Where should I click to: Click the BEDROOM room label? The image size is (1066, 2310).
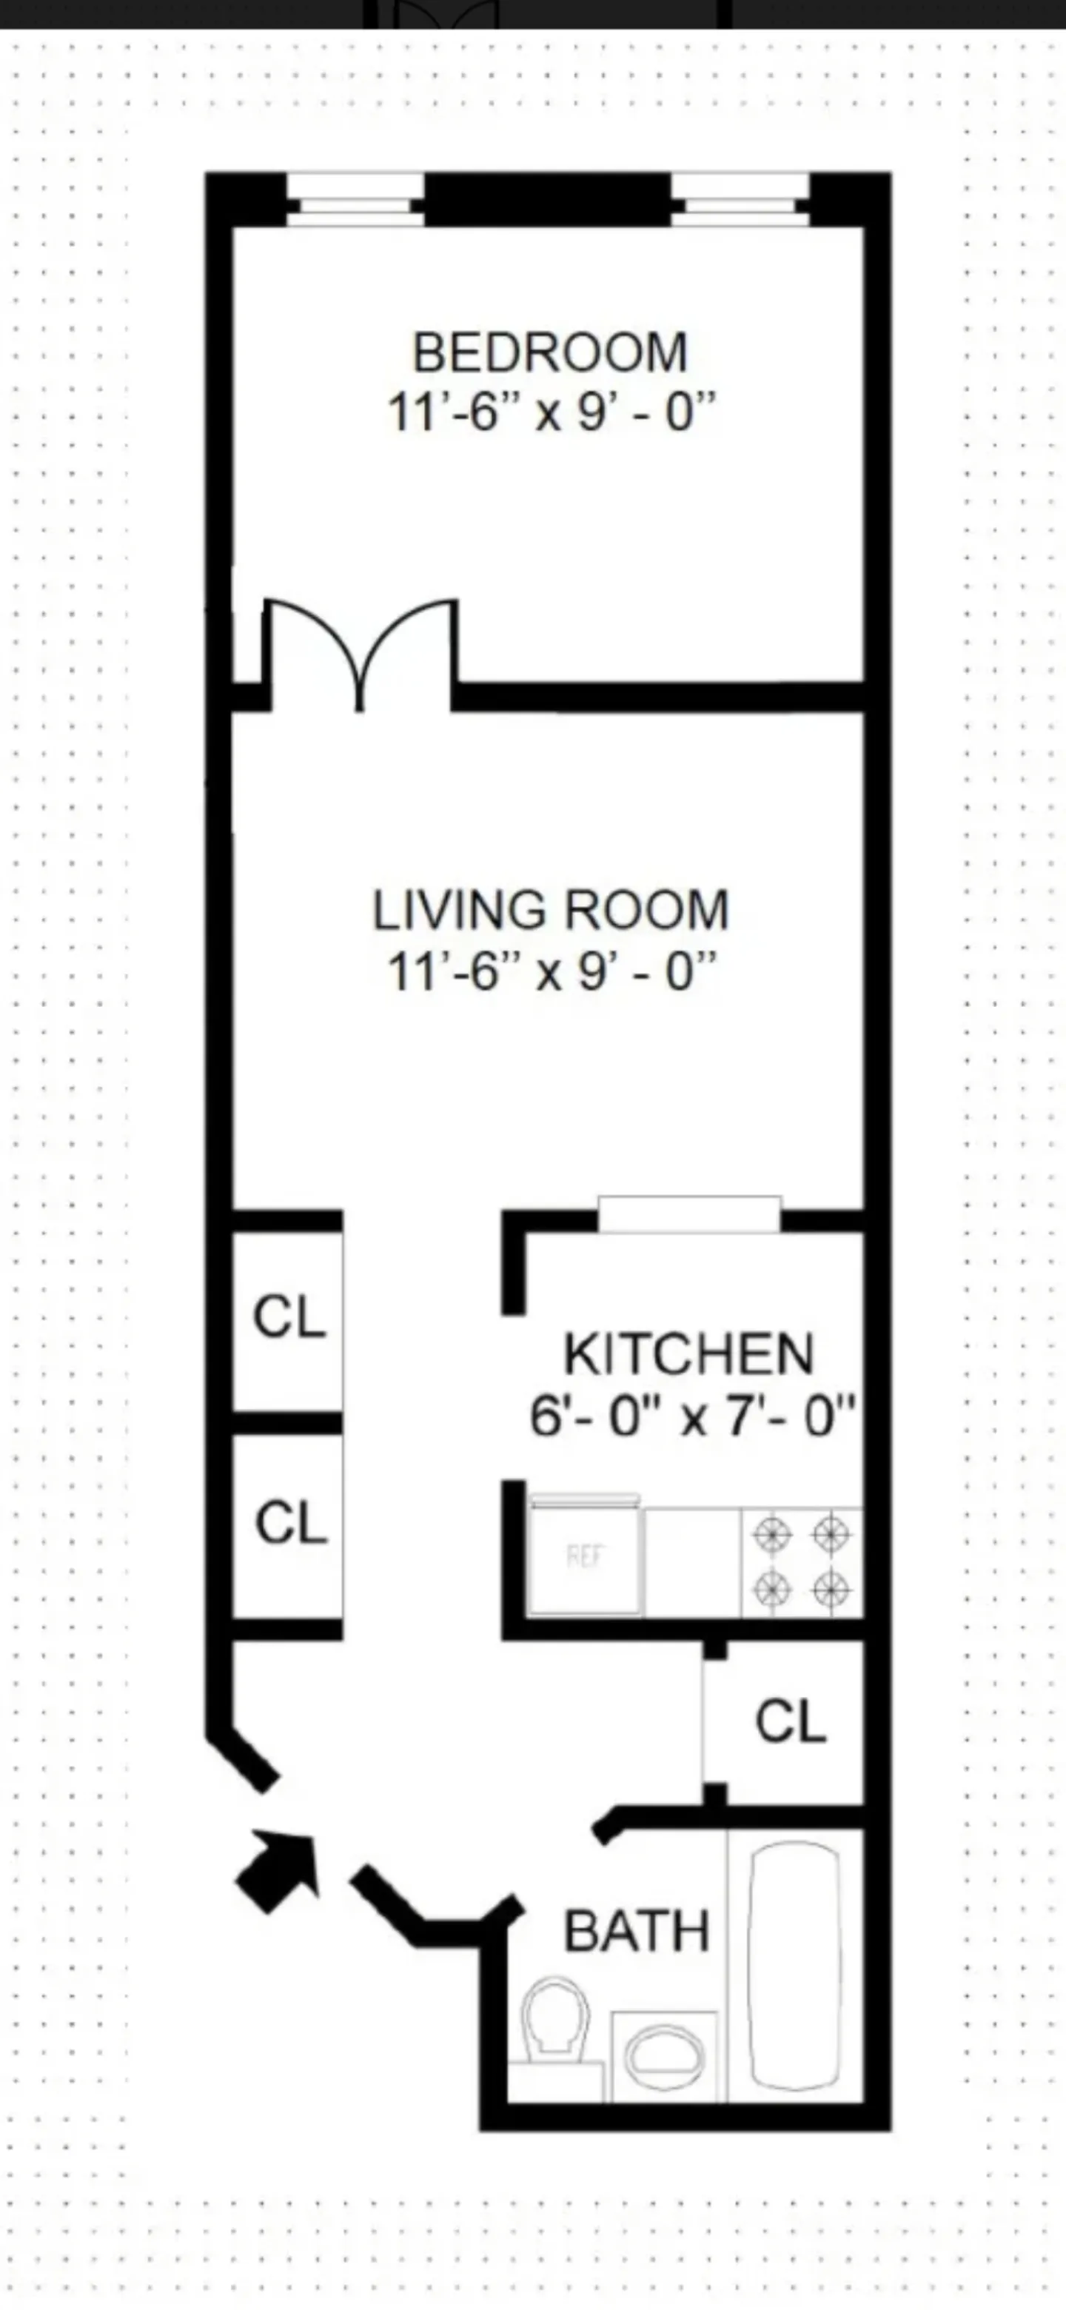(549, 352)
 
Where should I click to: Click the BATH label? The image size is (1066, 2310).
(637, 1931)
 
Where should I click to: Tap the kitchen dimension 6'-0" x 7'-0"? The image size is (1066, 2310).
(691, 1417)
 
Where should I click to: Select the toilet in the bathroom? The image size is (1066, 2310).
(556, 2018)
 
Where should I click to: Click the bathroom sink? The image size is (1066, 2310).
(664, 2056)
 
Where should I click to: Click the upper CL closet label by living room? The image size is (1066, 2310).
(289, 1317)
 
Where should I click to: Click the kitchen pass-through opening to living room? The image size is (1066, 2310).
(688, 1215)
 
